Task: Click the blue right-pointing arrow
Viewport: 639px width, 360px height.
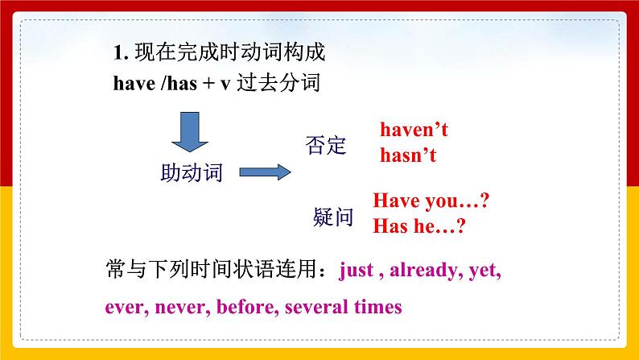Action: click(x=263, y=172)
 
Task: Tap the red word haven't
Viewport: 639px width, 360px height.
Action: click(x=414, y=130)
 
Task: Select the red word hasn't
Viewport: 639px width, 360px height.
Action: click(x=408, y=155)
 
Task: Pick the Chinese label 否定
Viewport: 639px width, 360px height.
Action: click(x=325, y=145)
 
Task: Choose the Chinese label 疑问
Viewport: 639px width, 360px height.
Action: click(x=332, y=217)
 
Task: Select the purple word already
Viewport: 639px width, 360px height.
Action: click(x=423, y=270)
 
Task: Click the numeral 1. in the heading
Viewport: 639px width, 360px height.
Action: click(x=121, y=54)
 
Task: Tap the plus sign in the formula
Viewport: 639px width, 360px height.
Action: click(x=208, y=83)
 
